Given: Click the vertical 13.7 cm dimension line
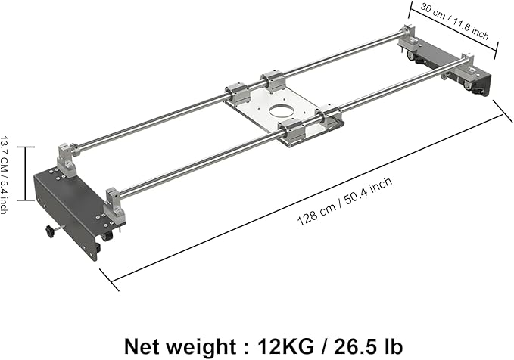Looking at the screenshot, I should pos(26,173).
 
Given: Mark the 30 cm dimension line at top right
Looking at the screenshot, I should pos(453,30).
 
